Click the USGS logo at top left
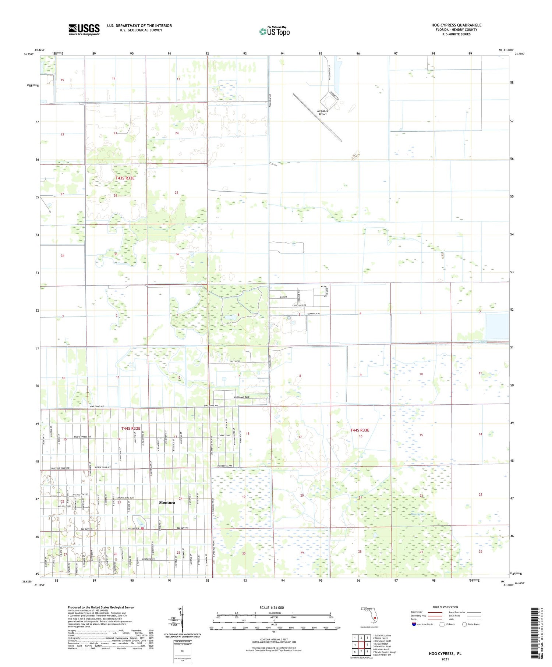click(84, 29)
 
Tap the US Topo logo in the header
click(275, 31)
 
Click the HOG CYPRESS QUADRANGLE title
click(456, 25)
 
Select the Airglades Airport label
click(322, 113)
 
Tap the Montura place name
click(167, 502)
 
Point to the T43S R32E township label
click(125, 178)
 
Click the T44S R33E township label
click(360, 430)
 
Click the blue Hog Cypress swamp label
click(418, 514)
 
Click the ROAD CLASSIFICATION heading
click(445, 607)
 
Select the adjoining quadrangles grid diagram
click(361, 644)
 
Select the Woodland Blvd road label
click(241, 397)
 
